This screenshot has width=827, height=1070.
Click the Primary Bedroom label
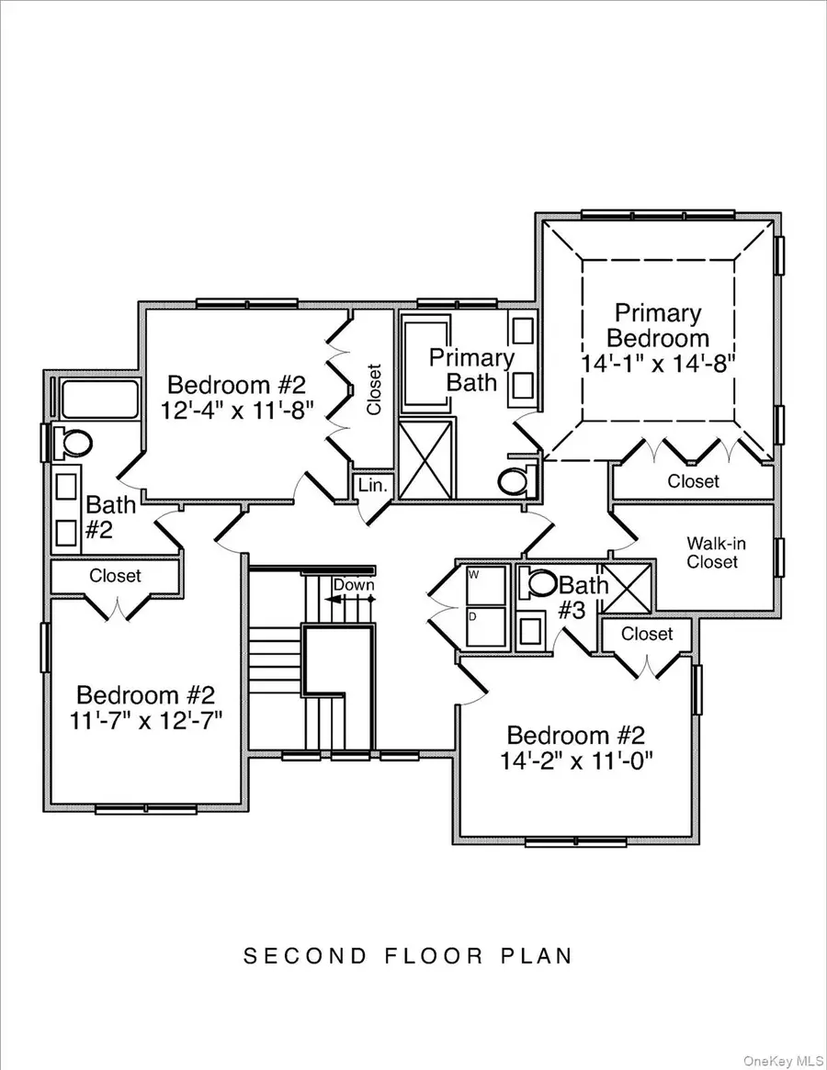click(x=658, y=325)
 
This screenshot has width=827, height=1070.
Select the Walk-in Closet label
click(x=716, y=552)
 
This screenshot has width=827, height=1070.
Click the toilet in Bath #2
click(x=74, y=442)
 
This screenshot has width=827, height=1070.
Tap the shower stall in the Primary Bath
click(x=426, y=457)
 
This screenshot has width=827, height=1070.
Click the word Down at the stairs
click(x=353, y=585)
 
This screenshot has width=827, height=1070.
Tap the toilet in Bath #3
click(x=541, y=583)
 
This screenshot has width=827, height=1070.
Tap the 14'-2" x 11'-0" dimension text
click(x=576, y=760)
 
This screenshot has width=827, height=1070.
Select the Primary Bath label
click(x=471, y=369)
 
